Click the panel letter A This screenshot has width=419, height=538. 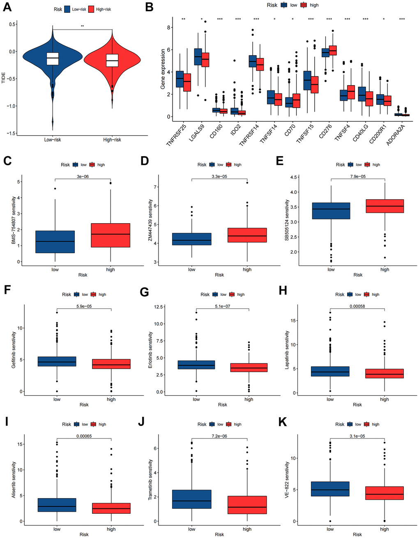8,6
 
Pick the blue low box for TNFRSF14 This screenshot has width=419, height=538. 253,61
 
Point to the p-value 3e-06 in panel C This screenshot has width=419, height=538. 83,176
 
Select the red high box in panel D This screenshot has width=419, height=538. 247,235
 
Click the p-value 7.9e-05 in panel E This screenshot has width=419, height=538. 358,176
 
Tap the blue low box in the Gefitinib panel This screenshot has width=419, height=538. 57,361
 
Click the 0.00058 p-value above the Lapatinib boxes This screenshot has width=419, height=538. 357,306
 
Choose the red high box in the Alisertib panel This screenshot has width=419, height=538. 111,508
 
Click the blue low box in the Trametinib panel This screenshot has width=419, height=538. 192,499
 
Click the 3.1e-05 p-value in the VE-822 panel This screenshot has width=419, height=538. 357,436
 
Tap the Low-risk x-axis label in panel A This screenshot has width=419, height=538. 53,140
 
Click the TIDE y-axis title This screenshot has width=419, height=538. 4,79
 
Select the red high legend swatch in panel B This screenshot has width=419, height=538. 304,5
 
